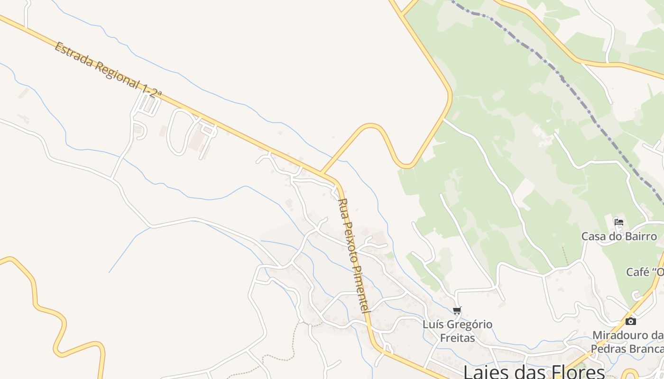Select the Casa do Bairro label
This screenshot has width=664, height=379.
619,236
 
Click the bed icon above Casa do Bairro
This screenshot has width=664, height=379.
618,222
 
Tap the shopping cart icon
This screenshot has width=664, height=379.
457,311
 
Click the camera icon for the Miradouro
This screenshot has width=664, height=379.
630,321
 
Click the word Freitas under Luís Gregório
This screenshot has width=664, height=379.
457,338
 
